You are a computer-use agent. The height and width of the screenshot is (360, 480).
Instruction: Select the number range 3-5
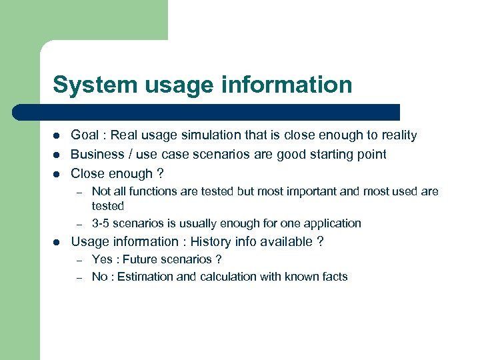[103, 223]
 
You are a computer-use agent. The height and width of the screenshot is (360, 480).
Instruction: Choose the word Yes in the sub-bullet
[102, 259]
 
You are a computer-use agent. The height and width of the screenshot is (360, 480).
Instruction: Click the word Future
[141, 259]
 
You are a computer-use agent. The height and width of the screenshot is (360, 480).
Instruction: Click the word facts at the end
[333, 277]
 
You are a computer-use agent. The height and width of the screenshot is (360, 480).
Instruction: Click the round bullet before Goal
[57, 136]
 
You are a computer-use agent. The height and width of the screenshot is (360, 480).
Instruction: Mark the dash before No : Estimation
[78, 277]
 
